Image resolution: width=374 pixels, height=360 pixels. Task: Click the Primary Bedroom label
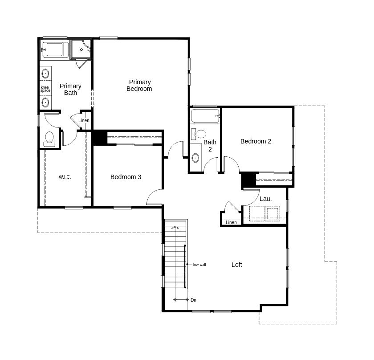[139, 86]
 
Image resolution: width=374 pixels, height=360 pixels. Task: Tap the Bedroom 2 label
[256, 141]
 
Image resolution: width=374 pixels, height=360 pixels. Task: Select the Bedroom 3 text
[126, 177]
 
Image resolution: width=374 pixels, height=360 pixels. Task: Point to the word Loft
[236, 265]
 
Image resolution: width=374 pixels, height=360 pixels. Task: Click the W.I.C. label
[65, 177]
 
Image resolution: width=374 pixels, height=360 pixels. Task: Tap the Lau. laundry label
[265, 199]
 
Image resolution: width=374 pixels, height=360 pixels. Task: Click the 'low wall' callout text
[199, 265]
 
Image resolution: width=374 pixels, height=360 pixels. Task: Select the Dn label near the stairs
[193, 300]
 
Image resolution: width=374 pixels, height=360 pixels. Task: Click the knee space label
[45, 89]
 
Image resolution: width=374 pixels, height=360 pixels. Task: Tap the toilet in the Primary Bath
[49, 139]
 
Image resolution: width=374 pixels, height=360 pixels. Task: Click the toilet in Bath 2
[199, 134]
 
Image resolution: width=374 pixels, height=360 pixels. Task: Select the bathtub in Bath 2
[205, 116]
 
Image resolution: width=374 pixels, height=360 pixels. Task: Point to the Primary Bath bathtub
[54, 50]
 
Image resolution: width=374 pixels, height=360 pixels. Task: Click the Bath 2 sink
[195, 158]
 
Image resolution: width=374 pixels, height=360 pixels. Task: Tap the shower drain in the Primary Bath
[81, 49]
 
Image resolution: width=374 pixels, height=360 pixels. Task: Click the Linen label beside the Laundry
[231, 222]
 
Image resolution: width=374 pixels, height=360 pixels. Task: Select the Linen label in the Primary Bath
[84, 121]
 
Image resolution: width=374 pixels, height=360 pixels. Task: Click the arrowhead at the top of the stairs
[175, 227]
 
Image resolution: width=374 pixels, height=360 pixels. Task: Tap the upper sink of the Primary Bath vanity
[45, 73]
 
